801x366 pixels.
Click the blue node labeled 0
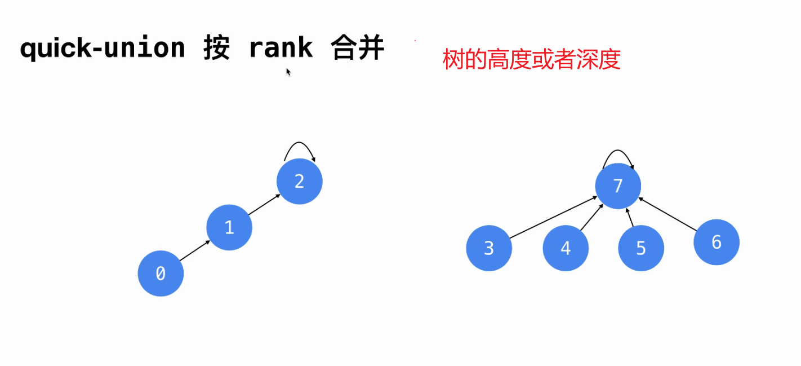(161, 274)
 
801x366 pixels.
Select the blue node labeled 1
(229, 227)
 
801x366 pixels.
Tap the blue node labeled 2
(300, 181)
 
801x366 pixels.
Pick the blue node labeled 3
(489, 248)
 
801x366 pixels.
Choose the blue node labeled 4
(566, 248)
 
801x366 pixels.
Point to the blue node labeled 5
(641, 248)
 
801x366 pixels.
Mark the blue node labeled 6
(717, 242)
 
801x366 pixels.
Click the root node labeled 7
(618, 186)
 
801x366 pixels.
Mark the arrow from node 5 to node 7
(630, 217)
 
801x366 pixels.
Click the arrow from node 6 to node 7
(669, 214)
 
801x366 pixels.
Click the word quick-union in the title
(103, 48)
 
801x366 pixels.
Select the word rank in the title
(281, 48)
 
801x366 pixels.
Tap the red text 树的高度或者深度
(532, 60)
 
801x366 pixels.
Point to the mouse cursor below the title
(288, 72)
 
